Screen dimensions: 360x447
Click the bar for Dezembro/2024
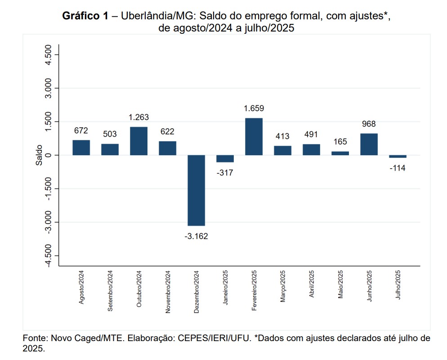point(196,190)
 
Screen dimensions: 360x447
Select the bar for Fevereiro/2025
point(254,137)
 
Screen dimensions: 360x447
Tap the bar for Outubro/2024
point(139,141)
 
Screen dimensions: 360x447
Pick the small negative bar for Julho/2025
point(398,156)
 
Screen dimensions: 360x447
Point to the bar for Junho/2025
point(369,144)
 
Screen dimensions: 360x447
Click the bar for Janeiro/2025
point(225,158)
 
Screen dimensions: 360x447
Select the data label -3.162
point(196,236)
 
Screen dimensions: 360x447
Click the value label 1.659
point(254,108)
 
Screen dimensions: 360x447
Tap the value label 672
point(81,130)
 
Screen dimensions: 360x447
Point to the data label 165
point(340,142)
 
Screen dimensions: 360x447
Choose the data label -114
point(398,168)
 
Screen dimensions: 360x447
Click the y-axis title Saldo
point(40,155)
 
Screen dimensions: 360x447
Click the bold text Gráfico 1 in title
point(85,16)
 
